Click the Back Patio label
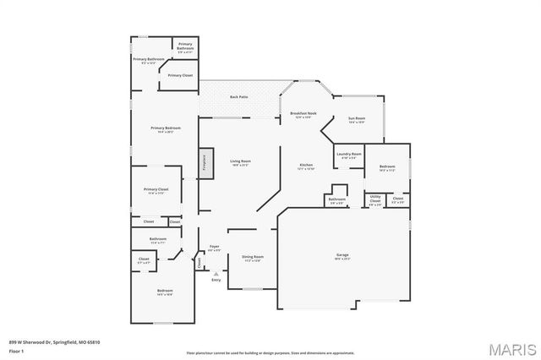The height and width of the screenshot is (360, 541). click(x=239, y=97)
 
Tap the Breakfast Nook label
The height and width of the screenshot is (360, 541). click(x=303, y=114)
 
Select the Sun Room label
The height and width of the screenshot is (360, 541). click(x=356, y=119)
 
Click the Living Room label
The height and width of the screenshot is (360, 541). click(x=241, y=161)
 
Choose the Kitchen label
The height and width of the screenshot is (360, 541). click(x=306, y=166)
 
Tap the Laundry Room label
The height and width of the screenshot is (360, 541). click(x=349, y=155)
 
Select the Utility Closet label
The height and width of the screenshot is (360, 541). click(x=375, y=199)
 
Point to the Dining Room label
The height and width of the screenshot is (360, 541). click(x=253, y=257)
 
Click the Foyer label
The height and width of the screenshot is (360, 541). click(x=215, y=248)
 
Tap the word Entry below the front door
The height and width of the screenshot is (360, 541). click(x=216, y=280)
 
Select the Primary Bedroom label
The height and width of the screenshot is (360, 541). click(x=162, y=129)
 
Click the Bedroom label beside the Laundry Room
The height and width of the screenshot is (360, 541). click(x=387, y=167)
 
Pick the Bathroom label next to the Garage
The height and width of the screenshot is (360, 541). click(x=336, y=201)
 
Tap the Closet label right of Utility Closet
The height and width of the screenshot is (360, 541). click(x=397, y=199)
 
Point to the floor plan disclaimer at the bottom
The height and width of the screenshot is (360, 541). click(x=270, y=352)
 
